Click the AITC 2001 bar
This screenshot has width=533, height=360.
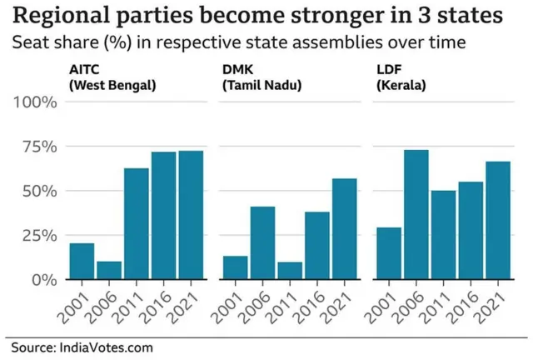[82, 261]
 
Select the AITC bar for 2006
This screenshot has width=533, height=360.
[109, 270]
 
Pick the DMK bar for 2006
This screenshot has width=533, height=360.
[262, 242]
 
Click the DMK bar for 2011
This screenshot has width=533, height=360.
[289, 270]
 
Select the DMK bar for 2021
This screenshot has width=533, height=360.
[343, 229]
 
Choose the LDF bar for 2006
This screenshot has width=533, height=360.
[415, 214]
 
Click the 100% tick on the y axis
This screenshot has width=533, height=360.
[35, 102]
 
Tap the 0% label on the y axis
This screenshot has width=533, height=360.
[44, 280]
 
